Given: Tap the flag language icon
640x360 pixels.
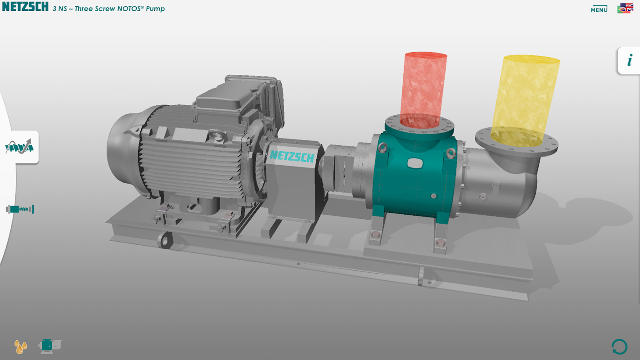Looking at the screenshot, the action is pos(625,8).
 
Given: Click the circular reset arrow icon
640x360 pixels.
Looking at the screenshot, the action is pos(619,347).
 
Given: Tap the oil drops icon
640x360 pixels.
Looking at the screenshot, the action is pos(21,346).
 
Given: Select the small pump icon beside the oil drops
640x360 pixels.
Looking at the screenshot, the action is pos(50,346).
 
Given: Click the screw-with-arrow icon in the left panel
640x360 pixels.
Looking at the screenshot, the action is pos(19,147).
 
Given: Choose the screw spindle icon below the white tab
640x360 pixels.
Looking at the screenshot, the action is pos(20,209).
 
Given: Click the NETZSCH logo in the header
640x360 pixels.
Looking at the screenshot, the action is pos(25,7).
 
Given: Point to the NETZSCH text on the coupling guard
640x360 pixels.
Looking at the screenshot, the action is pos(292,157).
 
